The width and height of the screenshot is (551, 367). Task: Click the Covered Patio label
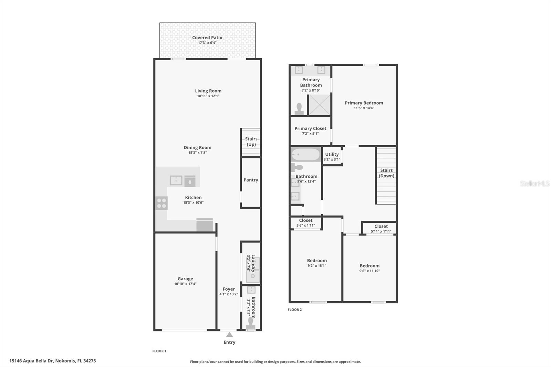(x=207, y=38)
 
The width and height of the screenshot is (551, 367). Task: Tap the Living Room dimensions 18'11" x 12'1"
(x=208, y=96)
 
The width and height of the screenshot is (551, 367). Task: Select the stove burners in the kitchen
(x=162, y=203)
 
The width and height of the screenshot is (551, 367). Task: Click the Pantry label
(x=251, y=180)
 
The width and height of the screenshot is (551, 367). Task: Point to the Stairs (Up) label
(x=251, y=141)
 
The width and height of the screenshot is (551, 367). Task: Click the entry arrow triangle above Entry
(x=229, y=335)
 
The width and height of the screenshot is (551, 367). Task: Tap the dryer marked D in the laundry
(x=253, y=276)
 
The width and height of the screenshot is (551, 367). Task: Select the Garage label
(x=185, y=279)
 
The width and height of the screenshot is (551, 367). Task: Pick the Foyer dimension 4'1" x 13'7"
(x=229, y=294)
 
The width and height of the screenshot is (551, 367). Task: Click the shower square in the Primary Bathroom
(x=319, y=105)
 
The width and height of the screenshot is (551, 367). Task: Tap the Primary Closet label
(x=310, y=128)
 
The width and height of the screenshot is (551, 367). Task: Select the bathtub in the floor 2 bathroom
(x=306, y=155)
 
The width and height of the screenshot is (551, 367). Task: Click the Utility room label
(x=332, y=154)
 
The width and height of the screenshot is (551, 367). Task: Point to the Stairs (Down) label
(x=386, y=173)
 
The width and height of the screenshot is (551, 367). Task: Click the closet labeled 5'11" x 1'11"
(x=381, y=229)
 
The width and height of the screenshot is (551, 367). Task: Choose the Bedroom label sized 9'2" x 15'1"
(x=317, y=261)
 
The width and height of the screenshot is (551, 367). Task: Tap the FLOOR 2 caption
(x=294, y=310)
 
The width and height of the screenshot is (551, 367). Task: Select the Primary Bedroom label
(x=364, y=103)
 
